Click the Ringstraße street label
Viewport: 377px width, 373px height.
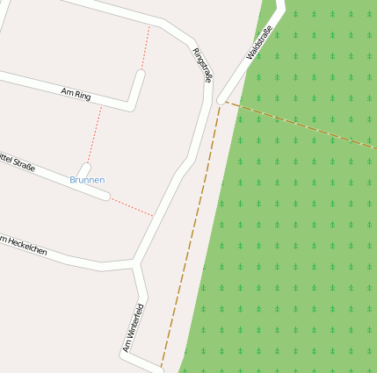(202, 65)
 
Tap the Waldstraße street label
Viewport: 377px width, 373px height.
(259, 43)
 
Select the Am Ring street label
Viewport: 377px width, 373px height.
(76, 93)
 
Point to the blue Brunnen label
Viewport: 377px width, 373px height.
(87, 180)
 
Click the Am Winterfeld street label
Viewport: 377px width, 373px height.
(133, 328)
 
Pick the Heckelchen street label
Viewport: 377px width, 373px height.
(26, 247)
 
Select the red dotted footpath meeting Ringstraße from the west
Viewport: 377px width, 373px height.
(132, 206)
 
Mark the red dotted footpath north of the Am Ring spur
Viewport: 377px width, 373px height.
(146, 48)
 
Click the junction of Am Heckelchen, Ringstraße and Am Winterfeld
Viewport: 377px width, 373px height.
(134, 262)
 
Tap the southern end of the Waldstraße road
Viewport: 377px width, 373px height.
(221, 100)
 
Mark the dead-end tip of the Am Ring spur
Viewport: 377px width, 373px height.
(140, 74)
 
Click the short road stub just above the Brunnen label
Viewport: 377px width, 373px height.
(84, 168)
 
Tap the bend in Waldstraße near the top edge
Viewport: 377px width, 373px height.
(282, 7)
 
